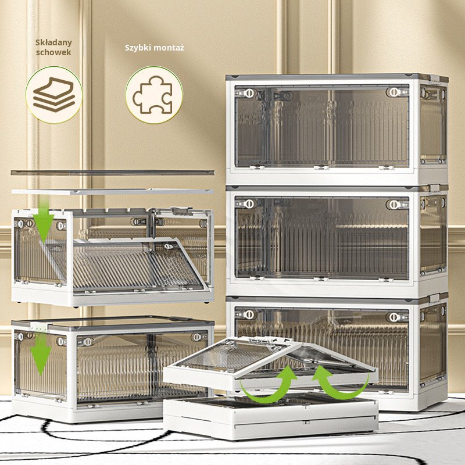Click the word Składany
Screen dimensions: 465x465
pyautogui.click(x=53, y=42)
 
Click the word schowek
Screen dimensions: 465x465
pyautogui.click(x=53, y=52)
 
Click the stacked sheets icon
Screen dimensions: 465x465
pyautogui.click(x=53, y=95)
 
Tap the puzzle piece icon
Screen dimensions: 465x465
pyautogui.click(x=153, y=95)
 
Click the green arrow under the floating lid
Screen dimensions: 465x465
pyautogui.click(x=44, y=220)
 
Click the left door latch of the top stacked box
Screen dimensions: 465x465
pyautogui.click(x=249, y=93)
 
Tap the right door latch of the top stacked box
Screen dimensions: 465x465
pyautogui.click(x=394, y=92)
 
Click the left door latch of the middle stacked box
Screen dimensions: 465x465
pyautogui.click(x=249, y=204)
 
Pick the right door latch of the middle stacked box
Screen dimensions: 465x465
pyautogui.click(x=394, y=205)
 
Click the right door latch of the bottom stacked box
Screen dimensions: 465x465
pyautogui.click(x=394, y=317)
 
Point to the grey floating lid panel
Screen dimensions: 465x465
pyautogui.click(x=113, y=172)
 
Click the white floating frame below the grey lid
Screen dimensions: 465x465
pyautogui.click(x=113, y=192)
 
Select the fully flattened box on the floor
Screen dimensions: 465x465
pyautogui.click(x=271, y=417)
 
